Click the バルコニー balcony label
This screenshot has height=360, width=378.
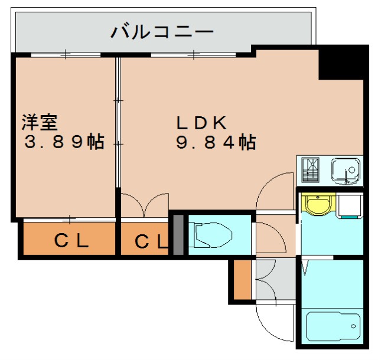pyautogui.click(x=162, y=31)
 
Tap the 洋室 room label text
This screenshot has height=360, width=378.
pyautogui.click(x=40, y=123)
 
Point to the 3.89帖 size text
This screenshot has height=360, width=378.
pyautogui.click(x=64, y=142)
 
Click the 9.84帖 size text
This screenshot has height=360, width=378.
pyautogui.click(x=216, y=142)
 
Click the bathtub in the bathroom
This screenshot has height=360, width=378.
pyautogui.click(x=333, y=325)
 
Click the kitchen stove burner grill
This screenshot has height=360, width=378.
pyautogui.click(x=311, y=171)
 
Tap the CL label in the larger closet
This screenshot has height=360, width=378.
pyautogui.click(x=72, y=240)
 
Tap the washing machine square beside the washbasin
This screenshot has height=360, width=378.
pyautogui.click(x=349, y=205)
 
